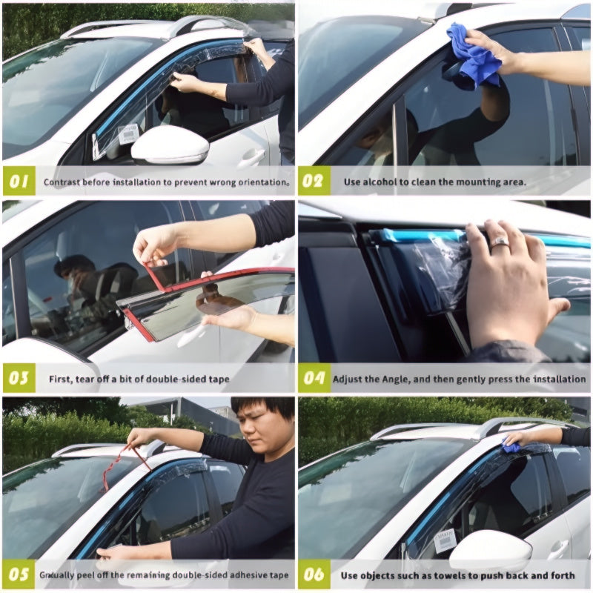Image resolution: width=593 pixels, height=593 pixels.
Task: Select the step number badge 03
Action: pos(19,379)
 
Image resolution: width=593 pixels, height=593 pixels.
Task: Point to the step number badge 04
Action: pos(314,379)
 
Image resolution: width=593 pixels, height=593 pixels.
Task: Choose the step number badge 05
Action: pos(19,574)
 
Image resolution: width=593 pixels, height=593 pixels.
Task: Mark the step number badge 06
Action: pos(314,574)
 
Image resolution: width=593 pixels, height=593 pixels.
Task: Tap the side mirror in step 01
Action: pos(170,145)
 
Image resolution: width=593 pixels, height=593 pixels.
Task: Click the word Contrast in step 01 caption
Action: pos(63,182)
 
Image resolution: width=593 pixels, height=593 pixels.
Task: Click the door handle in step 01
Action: pos(251,157)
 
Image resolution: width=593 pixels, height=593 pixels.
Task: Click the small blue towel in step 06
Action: pos(510,447)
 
